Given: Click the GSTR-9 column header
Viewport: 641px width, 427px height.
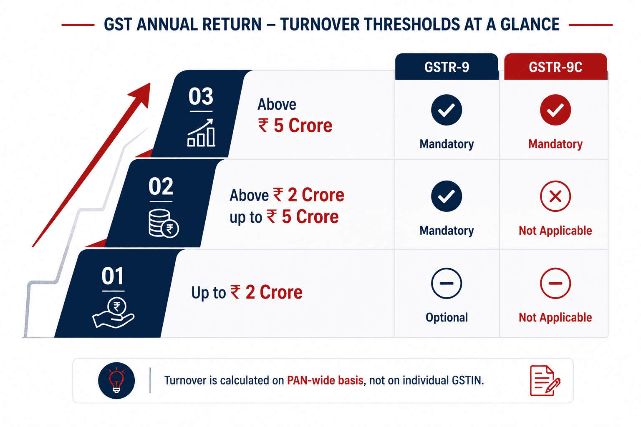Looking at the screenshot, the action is pyautogui.click(x=447, y=67).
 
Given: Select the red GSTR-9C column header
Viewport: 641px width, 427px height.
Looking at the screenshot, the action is pyautogui.click(x=555, y=67).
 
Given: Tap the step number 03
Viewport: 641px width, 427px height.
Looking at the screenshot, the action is pyautogui.click(x=201, y=96).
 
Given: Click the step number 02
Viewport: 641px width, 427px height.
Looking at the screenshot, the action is pyautogui.click(x=161, y=186).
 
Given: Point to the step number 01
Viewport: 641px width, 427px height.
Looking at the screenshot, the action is pyautogui.click(x=113, y=276).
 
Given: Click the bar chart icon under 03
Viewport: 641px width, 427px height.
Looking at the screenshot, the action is pyautogui.click(x=202, y=133).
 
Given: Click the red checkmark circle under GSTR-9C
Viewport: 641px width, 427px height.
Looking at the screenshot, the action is pyautogui.click(x=555, y=110).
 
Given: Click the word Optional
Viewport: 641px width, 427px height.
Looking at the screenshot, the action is pyautogui.click(x=447, y=317).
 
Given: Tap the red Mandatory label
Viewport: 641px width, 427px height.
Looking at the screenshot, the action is pyautogui.click(x=555, y=144).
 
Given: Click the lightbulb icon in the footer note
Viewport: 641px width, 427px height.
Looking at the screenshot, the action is pyautogui.click(x=116, y=381).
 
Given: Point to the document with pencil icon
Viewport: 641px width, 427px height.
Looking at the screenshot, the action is pyautogui.click(x=545, y=381).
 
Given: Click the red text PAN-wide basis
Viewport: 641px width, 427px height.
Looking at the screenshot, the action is pyautogui.click(x=325, y=380).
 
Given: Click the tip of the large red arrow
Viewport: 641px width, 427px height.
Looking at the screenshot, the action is pyautogui.click(x=150, y=83).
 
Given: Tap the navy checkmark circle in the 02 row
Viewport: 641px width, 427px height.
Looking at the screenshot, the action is pyautogui.click(x=447, y=196).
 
